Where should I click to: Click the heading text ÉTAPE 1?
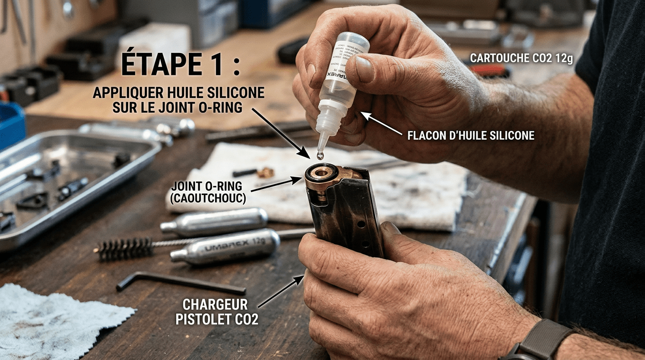click(180, 64)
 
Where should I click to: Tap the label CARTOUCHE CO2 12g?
click(521, 59)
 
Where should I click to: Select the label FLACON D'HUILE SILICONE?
click(471, 135)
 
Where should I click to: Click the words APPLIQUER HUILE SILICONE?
click(179, 92)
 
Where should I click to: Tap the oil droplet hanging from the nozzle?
click(320, 155)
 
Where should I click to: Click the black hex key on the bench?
click(183, 282)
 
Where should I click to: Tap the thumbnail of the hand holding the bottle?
click(364, 69)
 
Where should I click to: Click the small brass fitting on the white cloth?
click(265, 172)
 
